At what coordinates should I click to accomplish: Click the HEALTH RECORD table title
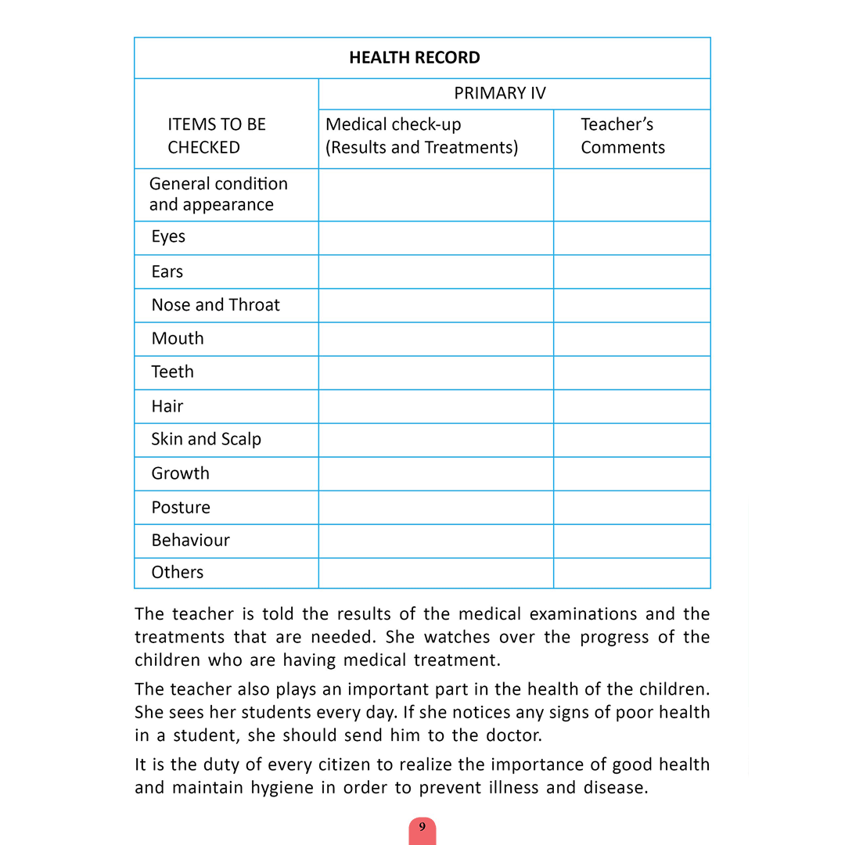coord(414,58)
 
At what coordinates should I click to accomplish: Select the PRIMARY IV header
coord(499,94)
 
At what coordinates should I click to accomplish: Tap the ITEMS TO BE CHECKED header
coord(216,136)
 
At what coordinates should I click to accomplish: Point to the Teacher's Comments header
coord(622,136)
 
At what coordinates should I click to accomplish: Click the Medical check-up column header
coord(421,136)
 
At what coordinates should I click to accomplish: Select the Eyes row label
coord(168,237)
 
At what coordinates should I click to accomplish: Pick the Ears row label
coord(167,272)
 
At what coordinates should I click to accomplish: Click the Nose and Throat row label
coord(215,305)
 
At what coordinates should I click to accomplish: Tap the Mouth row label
coord(178,339)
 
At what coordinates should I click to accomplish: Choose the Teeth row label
coord(172,372)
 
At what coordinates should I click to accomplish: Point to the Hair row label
coord(167,406)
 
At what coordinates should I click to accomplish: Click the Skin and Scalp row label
coord(206,440)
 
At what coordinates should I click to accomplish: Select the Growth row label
coord(180,473)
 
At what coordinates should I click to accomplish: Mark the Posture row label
coord(181,507)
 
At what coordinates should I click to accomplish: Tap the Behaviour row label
coord(190,541)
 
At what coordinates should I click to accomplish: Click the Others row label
coord(177,573)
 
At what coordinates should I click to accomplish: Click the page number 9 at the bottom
coord(422,827)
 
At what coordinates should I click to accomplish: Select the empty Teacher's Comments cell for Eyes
coord(631,238)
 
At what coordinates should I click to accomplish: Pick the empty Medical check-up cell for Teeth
coord(436,372)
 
